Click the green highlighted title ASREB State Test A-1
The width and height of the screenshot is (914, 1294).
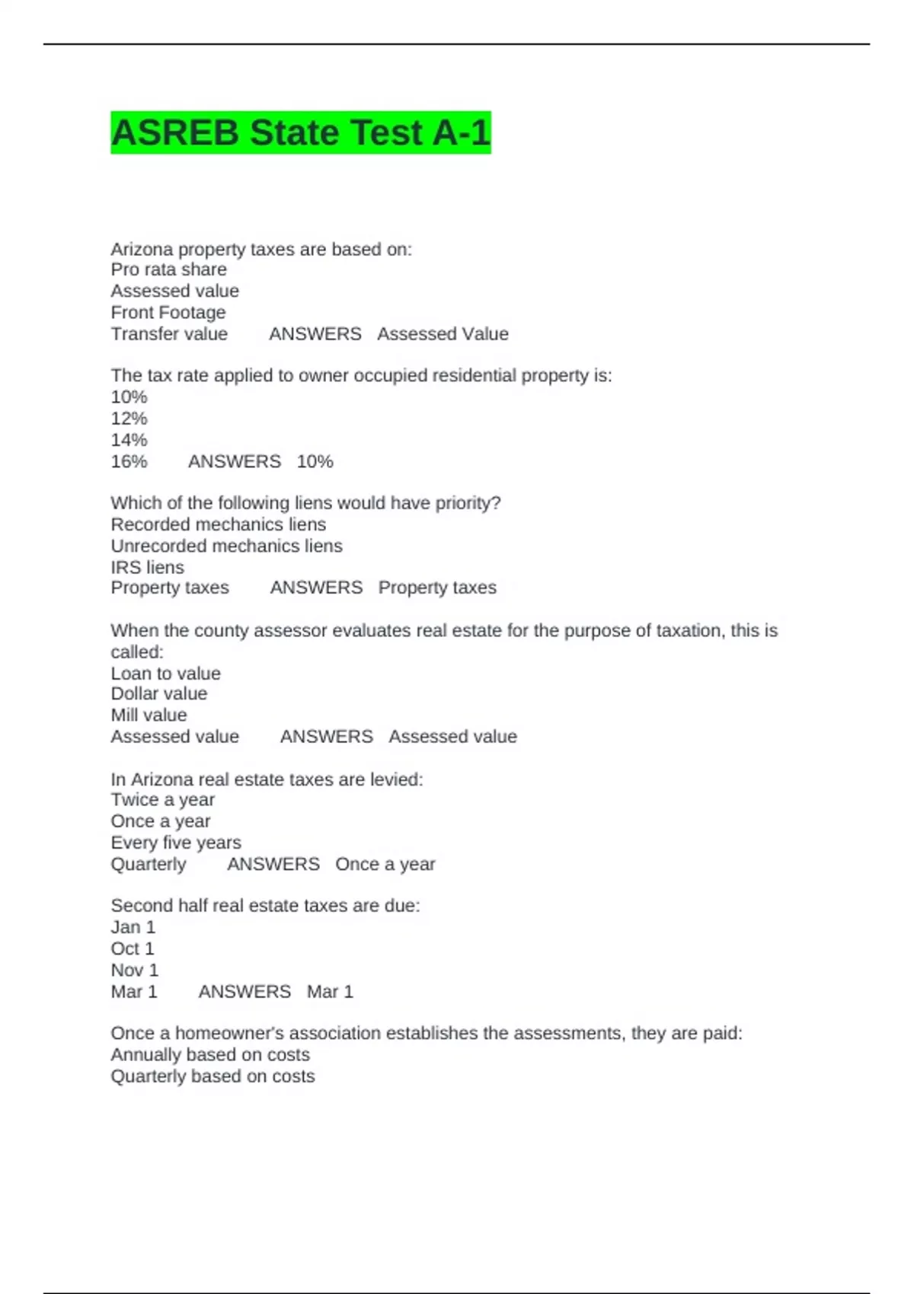(x=300, y=132)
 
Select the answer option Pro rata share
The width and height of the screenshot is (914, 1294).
(x=168, y=269)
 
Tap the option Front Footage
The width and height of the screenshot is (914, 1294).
(x=168, y=312)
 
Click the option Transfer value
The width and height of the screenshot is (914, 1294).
(x=169, y=333)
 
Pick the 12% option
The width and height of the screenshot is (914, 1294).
(x=129, y=418)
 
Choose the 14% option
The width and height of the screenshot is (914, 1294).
(x=129, y=439)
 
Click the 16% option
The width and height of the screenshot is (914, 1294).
(x=129, y=461)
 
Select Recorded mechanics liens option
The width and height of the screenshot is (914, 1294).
(x=218, y=524)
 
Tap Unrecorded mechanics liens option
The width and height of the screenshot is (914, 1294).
(x=226, y=546)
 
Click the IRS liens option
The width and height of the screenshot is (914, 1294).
(x=147, y=567)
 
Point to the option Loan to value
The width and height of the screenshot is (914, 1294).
(x=165, y=673)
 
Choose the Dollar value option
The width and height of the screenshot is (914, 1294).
(x=158, y=693)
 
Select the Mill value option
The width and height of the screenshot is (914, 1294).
(x=149, y=715)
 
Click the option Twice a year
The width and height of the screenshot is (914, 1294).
(x=162, y=799)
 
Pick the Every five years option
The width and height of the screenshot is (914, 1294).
(x=175, y=843)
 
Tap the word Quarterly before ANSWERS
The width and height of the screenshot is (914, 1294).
(x=148, y=864)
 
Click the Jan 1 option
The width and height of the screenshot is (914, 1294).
(x=133, y=927)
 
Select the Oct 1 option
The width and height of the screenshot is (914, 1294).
(x=132, y=948)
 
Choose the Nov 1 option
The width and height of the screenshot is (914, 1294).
(x=134, y=970)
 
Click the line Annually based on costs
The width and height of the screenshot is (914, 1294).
(x=209, y=1054)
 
